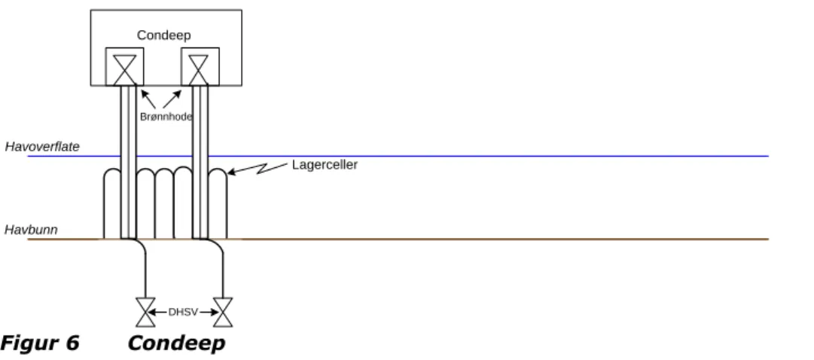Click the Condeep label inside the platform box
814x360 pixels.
coord(164,35)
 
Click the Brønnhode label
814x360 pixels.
coord(166,117)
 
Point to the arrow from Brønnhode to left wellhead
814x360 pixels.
coord(148,99)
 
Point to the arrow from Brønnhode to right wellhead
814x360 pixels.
coord(172,99)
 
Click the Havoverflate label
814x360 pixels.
coord(42,147)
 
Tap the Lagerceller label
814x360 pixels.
coord(325,165)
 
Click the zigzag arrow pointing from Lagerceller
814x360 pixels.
coord(258,168)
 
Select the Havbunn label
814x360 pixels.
coord(31,230)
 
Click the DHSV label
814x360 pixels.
coord(183,313)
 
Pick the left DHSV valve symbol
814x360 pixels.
coord(145,313)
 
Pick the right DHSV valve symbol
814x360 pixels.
coord(223,313)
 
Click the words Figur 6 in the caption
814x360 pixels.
coord(39,343)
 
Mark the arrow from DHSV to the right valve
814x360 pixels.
coord(209,313)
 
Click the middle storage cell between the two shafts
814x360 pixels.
coord(164,170)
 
